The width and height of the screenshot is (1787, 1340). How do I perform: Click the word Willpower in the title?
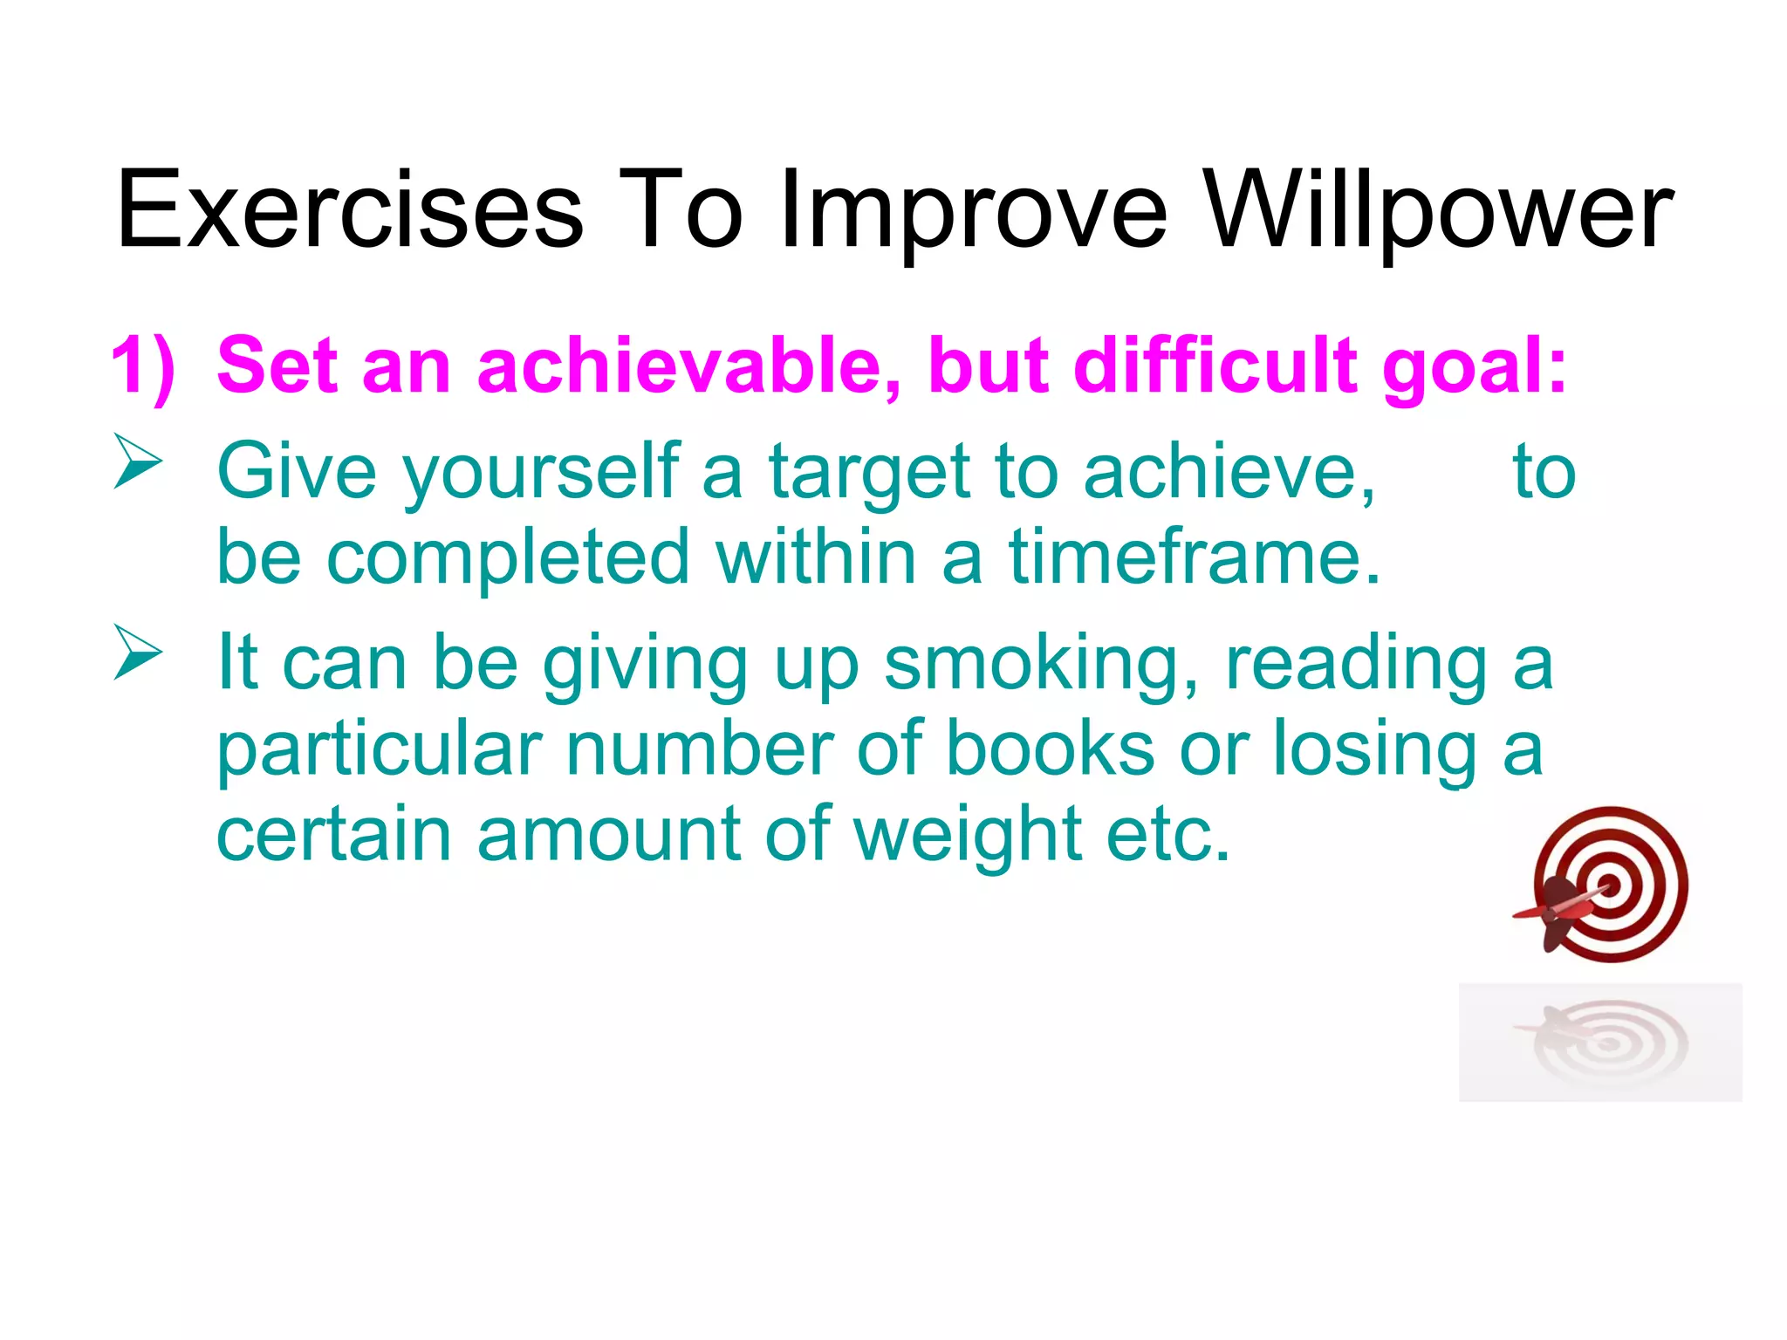(1440, 212)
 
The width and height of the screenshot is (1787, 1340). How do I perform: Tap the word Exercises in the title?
(349, 212)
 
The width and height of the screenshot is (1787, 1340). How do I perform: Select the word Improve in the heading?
(973, 212)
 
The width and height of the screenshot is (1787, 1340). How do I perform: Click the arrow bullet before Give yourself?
(138, 463)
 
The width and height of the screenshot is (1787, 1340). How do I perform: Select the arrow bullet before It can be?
(138, 653)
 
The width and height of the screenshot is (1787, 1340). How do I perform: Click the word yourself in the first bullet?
(541, 472)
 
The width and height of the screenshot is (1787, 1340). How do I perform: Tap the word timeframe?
(1195, 557)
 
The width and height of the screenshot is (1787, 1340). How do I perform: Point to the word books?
(1051, 749)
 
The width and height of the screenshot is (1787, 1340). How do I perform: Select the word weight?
(969, 835)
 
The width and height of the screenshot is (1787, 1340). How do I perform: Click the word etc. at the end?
(1168, 835)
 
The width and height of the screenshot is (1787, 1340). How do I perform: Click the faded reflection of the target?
(1602, 1043)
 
